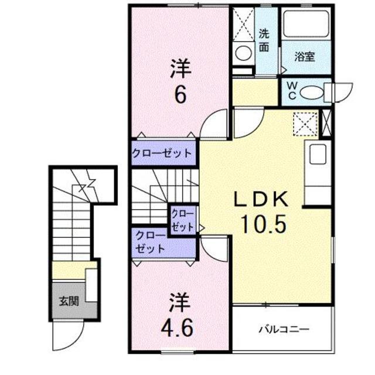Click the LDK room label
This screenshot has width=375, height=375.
261,200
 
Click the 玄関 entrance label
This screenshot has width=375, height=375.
69,301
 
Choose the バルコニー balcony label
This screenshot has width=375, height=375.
284,330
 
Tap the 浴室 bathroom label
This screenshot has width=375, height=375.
305,57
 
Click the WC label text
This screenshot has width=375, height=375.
292,91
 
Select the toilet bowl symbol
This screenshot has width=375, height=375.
311,93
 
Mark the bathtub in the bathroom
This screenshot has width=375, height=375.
306,24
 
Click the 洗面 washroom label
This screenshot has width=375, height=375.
264,41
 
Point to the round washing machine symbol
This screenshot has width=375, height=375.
244,52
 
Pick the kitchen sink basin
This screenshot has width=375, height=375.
318,154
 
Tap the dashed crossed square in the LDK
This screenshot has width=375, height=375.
305,124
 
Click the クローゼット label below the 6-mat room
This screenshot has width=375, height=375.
162,153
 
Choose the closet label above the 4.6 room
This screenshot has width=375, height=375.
151,242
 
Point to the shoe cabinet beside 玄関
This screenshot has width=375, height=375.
91,285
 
